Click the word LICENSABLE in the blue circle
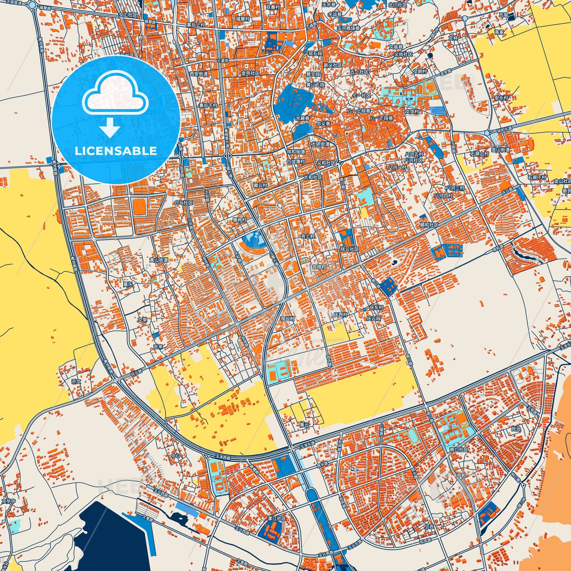coord(116,151)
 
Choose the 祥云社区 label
coord(350,249)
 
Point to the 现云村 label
coord(287,319)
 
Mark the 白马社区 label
coord(184,203)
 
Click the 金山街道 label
coord(501,150)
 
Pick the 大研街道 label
coord(320,144)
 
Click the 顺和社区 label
coord(429,225)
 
